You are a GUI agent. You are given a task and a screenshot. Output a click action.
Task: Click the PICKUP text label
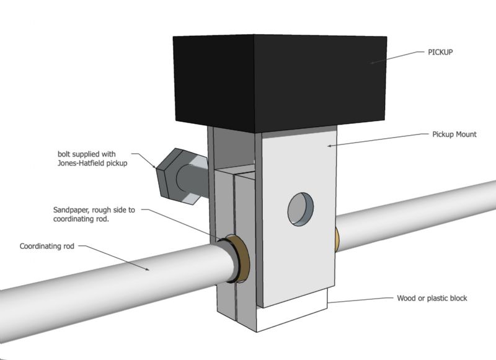pyautogui.click(x=441, y=52)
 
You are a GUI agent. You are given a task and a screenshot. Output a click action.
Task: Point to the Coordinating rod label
pyautogui.click(x=46, y=246)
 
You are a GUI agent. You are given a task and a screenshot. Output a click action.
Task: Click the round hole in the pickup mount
pyautogui.click(x=300, y=208)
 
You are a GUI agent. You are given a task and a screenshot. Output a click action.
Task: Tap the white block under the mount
pyautogui.click(x=291, y=316)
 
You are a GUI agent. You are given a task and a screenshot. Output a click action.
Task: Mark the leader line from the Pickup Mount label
pyautogui.click(x=378, y=139)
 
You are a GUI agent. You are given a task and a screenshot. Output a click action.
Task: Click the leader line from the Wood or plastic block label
pyautogui.click(x=360, y=299)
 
